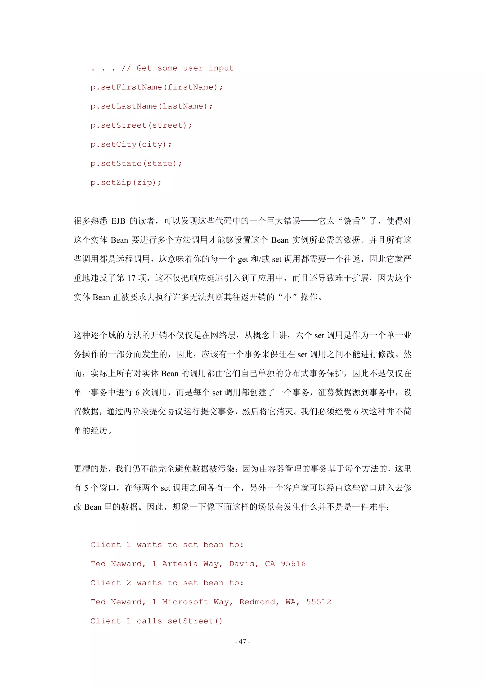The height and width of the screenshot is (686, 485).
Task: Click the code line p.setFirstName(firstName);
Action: (156, 87)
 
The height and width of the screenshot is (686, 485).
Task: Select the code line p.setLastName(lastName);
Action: (151, 106)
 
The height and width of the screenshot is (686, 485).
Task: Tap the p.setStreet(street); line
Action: (141, 126)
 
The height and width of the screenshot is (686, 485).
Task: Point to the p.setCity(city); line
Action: (131, 145)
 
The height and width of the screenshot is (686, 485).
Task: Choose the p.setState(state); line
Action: (136, 164)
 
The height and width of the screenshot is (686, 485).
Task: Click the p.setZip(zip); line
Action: (126, 183)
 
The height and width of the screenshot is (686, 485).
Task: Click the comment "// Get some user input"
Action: (178, 68)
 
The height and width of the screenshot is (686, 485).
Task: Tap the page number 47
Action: (242, 641)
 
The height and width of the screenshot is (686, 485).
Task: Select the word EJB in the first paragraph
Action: (118, 221)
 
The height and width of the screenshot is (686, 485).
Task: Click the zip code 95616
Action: (293, 564)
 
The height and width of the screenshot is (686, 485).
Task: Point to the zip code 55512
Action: (319, 602)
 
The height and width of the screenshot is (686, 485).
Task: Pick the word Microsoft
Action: (185, 602)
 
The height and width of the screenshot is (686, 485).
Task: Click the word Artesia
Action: (180, 564)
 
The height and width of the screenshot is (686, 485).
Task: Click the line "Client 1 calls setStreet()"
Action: (156, 621)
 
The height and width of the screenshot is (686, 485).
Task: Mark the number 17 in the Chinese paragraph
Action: (131, 278)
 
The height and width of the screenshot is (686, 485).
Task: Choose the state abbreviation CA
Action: (270, 564)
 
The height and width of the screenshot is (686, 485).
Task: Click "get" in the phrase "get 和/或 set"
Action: (243, 259)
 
